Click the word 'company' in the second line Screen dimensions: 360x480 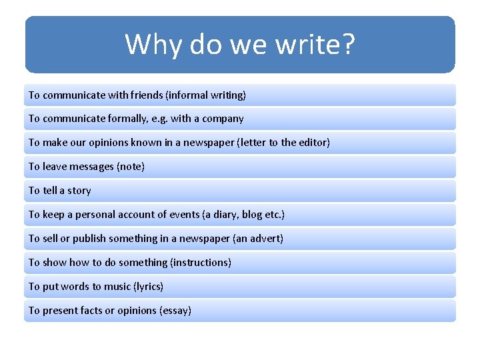tap(223, 119)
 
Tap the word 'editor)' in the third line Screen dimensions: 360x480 tap(312, 143)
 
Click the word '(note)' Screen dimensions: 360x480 tap(131, 167)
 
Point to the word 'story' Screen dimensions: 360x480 tap(79, 191)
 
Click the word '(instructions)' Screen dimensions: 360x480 tap(201, 263)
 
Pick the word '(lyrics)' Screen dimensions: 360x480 tap(149, 287)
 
